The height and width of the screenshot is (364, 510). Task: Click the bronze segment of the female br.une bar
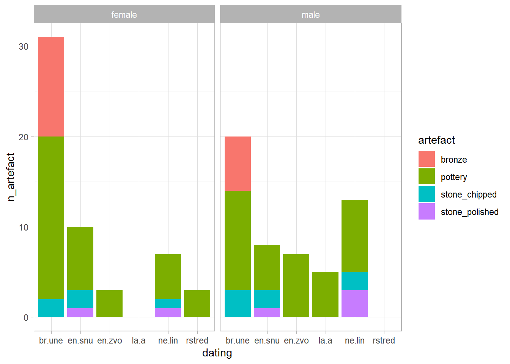pyautogui.click(x=51, y=86)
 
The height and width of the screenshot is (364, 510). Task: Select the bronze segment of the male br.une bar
pyautogui.click(x=238, y=163)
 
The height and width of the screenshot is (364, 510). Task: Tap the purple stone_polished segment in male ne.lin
pyautogui.click(x=354, y=303)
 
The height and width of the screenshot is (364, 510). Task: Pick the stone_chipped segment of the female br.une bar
pyautogui.click(x=51, y=308)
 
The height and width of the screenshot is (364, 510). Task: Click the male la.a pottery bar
pyautogui.click(x=325, y=294)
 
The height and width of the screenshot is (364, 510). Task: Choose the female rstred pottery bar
pyautogui.click(x=197, y=303)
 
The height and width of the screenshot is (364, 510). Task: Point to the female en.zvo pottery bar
pyautogui.click(x=109, y=303)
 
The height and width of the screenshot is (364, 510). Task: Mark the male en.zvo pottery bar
pyautogui.click(x=296, y=285)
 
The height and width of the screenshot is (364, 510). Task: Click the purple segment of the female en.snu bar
pyautogui.click(x=80, y=312)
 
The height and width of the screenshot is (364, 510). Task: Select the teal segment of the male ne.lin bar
pyautogui.click(x=354, y=281)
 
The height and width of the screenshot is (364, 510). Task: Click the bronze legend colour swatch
pyautogui.click(x=427, y=159)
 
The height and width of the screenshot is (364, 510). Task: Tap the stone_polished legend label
pyautogui.click(x=469, y=212)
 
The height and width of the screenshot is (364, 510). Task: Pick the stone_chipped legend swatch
pyautogui.click(x=427, y=194)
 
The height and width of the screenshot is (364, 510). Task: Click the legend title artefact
pyautogui.click(x=436, y=140)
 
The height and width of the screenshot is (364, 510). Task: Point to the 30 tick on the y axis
pyautogui.click(x=24, y=47)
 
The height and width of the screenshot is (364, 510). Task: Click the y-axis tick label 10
pyautogui.click(x=24, y=227)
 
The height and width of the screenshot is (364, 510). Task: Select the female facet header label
pyautogui.click(x=124, y=15)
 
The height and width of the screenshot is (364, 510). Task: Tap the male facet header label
pyautogui.click(x=310, y=15)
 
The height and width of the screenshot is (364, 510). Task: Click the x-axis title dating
pyautogui.click(x=217, y=353)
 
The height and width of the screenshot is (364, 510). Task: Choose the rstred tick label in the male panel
pyautogui.click(x=384, y=340)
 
